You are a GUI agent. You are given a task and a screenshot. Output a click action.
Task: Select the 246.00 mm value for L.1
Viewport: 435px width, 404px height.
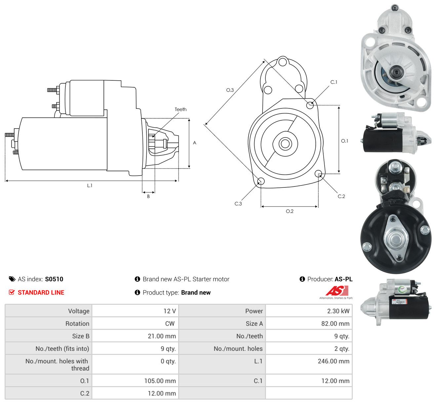point(334,361)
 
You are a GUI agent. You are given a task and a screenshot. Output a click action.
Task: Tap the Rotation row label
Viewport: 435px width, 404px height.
point(77,324)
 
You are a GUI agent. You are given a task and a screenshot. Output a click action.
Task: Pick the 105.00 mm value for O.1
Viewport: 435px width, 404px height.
point(160,381)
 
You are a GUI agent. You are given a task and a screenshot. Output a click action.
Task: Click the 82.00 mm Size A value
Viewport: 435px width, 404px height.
point(335,324)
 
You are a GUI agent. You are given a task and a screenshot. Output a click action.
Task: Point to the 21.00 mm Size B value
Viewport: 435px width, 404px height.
point(162,336)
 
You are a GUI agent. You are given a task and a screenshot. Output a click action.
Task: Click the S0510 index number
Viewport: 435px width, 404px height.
point(54,279)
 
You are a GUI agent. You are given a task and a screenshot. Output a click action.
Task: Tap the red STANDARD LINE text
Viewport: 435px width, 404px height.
point(41,293)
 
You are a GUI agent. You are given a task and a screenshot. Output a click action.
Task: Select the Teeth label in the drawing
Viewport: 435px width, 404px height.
point(180,109)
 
